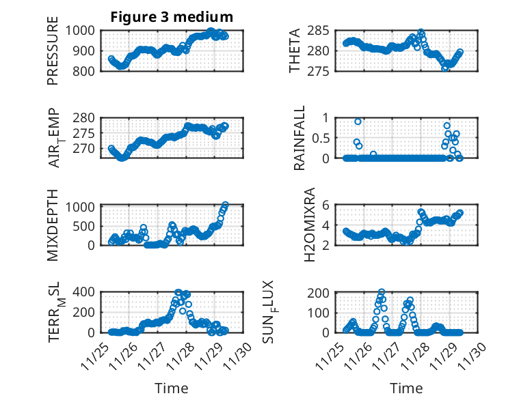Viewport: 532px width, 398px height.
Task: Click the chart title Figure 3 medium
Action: point(172,16)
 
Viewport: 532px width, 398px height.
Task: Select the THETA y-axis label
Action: point(295,51)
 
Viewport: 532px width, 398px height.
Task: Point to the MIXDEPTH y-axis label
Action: point(53,224)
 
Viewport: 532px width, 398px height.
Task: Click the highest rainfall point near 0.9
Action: point(358,122)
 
